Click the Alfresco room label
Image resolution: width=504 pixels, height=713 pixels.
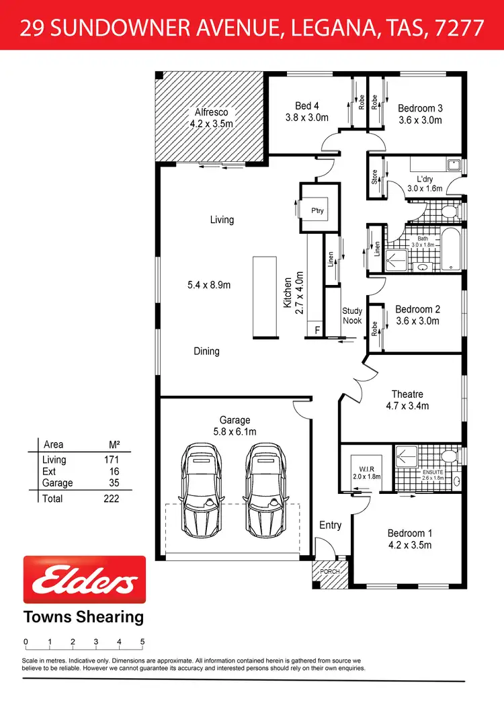pyautogui.click(x=212, y=112)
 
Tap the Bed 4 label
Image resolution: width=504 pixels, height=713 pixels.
pyautogui.click(x=306, y=106)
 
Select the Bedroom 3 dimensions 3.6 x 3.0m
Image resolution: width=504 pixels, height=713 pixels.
pyautogui.click(x=420, y=120)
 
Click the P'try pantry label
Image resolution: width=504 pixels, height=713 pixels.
pyautogui.click(x=317, y=211)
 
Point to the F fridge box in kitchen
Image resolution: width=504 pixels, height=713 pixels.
pyautogui.click(x=317, y=331)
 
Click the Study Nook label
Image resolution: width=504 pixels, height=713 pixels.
pyautogui.click(x=352, y=316)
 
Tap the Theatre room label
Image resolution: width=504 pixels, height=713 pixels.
pyautogui.click(x=407, y=394)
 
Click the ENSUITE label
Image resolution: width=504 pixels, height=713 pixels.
pyautogui.click(x=433, y=472)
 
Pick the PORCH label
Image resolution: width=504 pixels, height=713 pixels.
pyautogui.click(x=330, y=572)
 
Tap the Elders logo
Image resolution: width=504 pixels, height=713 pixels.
pyautogui.click(x=85, y=579)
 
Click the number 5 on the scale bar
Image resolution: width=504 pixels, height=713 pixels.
pyautogui.click(x=142, y=642)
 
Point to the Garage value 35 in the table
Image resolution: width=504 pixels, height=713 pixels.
pyautogui.click(x=114, y=483)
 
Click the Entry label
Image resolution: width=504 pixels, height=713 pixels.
pyautogui.click(x=330, y=525)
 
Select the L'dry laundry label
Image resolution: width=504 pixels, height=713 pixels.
pyautogui.click(x=425, y=179)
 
